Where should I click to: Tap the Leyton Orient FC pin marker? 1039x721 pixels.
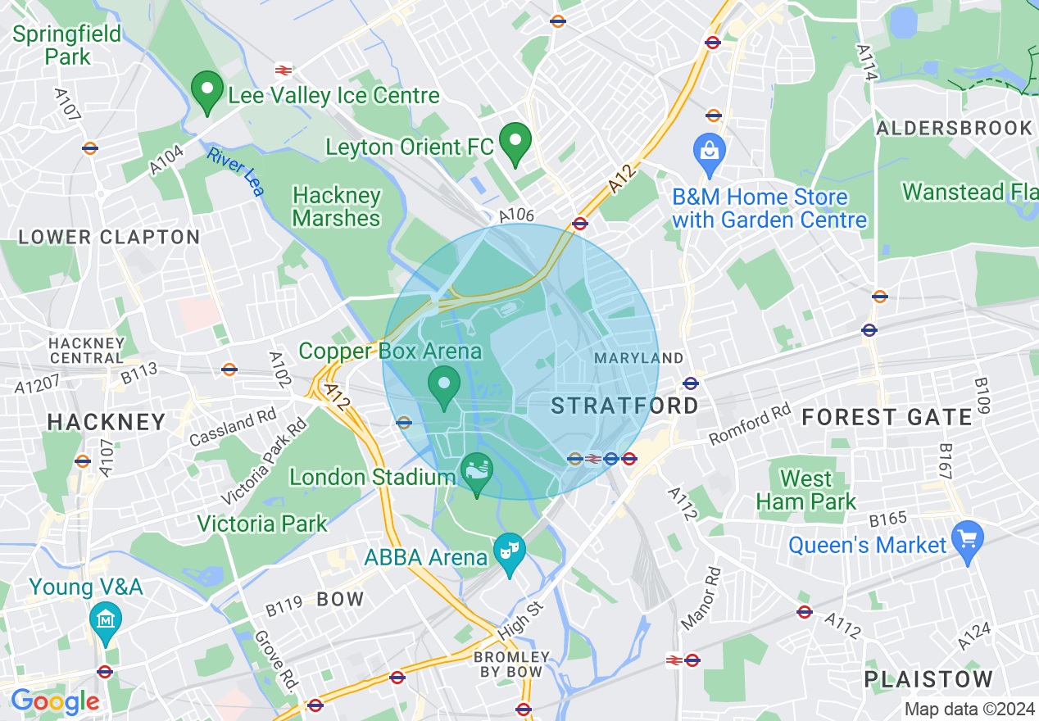pos(515,143)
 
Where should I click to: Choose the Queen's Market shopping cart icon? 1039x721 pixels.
pos(967,541)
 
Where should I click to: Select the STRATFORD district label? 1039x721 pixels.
pos(624,406)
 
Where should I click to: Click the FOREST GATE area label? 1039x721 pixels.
pos(887,417)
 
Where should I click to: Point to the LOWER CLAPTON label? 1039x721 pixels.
pos(109,238)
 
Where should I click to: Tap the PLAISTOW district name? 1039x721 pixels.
pos(928,679)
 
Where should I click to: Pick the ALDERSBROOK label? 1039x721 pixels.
pos(954,128)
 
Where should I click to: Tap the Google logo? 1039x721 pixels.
pos(55,701)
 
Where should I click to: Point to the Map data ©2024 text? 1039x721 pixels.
pos(968,709)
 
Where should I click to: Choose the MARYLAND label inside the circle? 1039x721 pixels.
pos(638,358)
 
